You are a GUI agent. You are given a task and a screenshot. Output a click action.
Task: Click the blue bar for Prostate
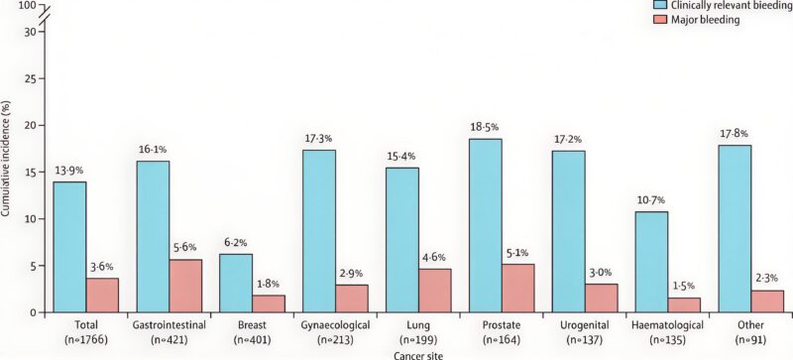coord(500,225)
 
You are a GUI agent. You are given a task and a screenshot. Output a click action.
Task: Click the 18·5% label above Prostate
coord(500,128)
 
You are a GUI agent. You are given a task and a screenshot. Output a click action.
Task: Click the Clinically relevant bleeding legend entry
coord(725,6)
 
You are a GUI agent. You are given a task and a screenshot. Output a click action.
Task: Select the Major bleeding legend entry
coord(707,20)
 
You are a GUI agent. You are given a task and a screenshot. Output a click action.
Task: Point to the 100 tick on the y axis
coord(27,6)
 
